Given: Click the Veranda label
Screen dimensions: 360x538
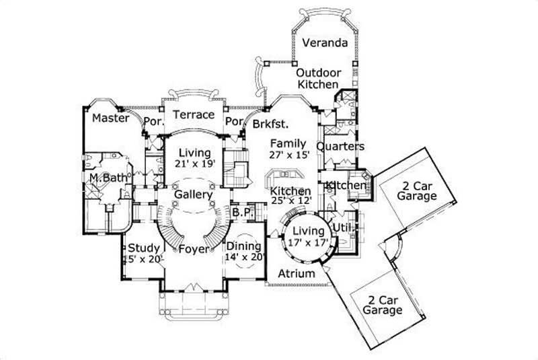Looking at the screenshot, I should [x=325, y=43].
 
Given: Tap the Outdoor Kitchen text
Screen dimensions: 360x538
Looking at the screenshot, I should [x=319, y=78].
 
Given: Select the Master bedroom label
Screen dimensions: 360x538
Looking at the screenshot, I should [x=110, y=118].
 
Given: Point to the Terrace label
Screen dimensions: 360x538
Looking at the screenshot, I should [x=194, y=114].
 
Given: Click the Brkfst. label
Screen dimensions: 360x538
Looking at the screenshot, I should [x=270, y=123].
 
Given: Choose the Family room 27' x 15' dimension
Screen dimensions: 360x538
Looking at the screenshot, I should [x=289, y=155].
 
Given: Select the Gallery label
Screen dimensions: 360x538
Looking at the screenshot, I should [x=194, y=194].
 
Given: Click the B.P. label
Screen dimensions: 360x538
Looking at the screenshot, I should [x=241, y=211].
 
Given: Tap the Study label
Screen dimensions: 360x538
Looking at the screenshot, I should [x=143, y=248].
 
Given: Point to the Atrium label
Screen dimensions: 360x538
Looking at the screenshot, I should [x=296, y=274].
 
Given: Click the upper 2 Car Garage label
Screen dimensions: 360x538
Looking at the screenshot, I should [x=416, y=191].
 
